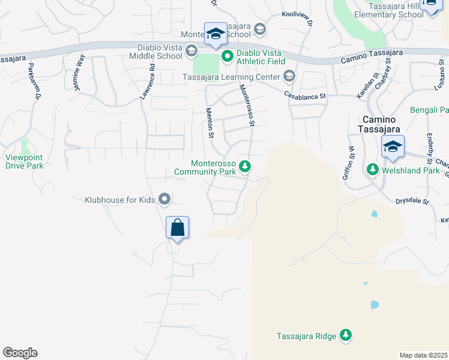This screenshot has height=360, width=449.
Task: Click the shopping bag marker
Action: click(177, 228)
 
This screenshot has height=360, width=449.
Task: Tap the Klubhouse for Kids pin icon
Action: click(164, 199)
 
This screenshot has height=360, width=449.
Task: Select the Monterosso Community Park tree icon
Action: click(244, 166)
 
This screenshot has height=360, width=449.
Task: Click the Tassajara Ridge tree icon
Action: click(345, 335)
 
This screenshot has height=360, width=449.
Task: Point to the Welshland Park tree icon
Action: click(372, 170)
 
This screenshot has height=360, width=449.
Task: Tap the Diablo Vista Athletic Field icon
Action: click(228, 57)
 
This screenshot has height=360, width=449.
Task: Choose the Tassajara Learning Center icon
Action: click(289, 76)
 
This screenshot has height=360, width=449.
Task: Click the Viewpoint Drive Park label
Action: click(25, 161)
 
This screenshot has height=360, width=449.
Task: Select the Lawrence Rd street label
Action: click(147, 82)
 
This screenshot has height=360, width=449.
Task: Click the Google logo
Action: click(20, 353)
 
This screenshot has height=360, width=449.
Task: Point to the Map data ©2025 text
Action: click(423, 355)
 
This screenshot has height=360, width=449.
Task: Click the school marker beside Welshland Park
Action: click(393, 147)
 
